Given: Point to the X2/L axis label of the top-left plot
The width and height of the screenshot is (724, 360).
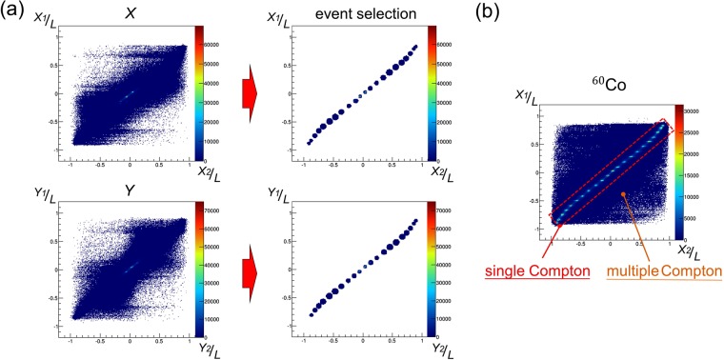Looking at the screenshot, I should coord(210,170).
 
